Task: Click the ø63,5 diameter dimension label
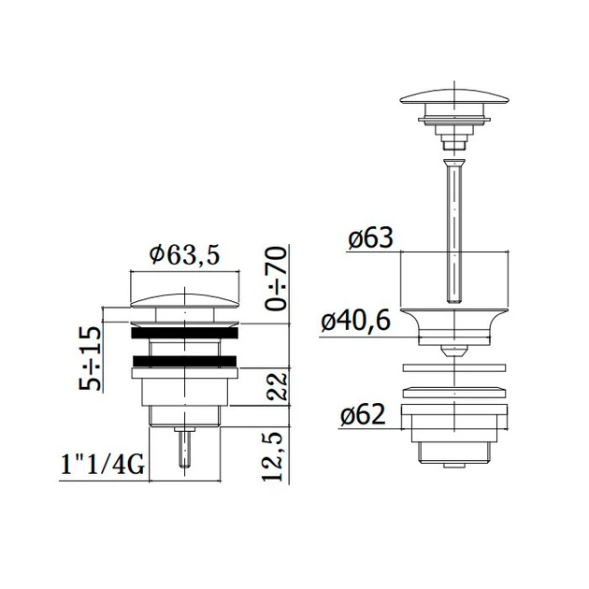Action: tap(184, 255)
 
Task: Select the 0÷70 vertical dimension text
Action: tap(276, 278)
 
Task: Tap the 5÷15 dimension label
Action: tap(90, 358)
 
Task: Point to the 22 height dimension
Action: tap(278, 387)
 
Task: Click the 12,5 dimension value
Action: tap(273, 455)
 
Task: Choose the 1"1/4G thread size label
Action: tap(102, 465)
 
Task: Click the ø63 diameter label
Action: tap(370, 237)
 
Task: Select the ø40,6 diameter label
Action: tap(355, 322)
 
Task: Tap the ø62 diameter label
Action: tap(363, 414)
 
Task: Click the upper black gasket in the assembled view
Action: tap(184, 333)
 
